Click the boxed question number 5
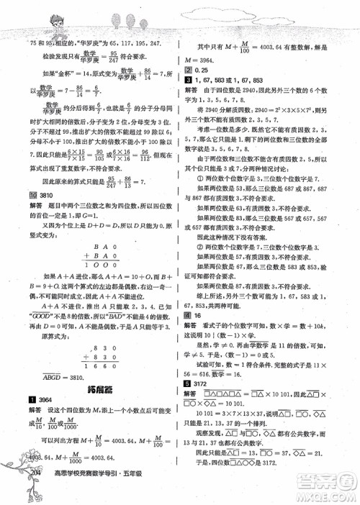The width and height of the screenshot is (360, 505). click(x=187, y=404)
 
